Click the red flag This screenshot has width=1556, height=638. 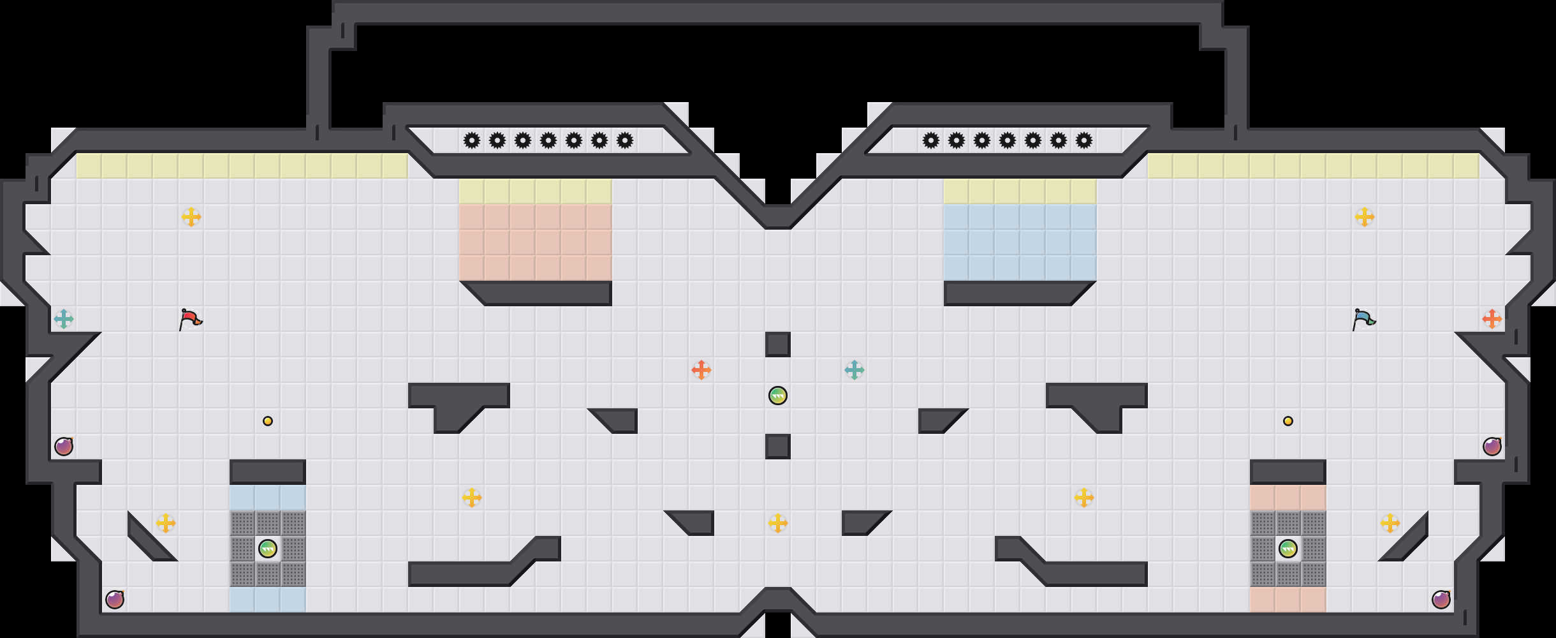pos(190,318)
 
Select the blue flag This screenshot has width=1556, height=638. pos(1363,318)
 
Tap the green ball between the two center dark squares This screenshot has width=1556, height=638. pos(778,396)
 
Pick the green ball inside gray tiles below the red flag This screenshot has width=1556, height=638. pos(268,549)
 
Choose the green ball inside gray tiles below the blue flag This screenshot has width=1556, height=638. pos(1288,549)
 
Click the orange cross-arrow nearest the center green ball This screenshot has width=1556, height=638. pos(701,370)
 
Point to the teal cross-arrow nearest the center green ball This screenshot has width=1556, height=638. pos(855,370)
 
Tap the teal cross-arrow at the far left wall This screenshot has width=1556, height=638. pos(64,319)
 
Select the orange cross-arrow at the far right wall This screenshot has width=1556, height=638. pos(1492,319)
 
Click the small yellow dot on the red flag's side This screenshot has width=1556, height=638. pos(268,421)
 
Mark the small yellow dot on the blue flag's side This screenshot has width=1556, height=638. pos(1288,421)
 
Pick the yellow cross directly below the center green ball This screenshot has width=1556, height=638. pos(778,523)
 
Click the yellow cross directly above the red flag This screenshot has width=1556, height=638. pos(191,217)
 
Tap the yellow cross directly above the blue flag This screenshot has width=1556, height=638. pos(1365,217)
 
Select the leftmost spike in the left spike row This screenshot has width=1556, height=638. pos(472,140)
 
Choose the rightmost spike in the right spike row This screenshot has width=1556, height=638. pos(1084,140)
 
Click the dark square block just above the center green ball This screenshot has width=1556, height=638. pos(778,345)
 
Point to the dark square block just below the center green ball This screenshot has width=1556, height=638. pos(778,447)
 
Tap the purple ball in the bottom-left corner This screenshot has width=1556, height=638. pos(115,600)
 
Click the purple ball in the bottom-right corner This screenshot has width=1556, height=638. pos(1441,600)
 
